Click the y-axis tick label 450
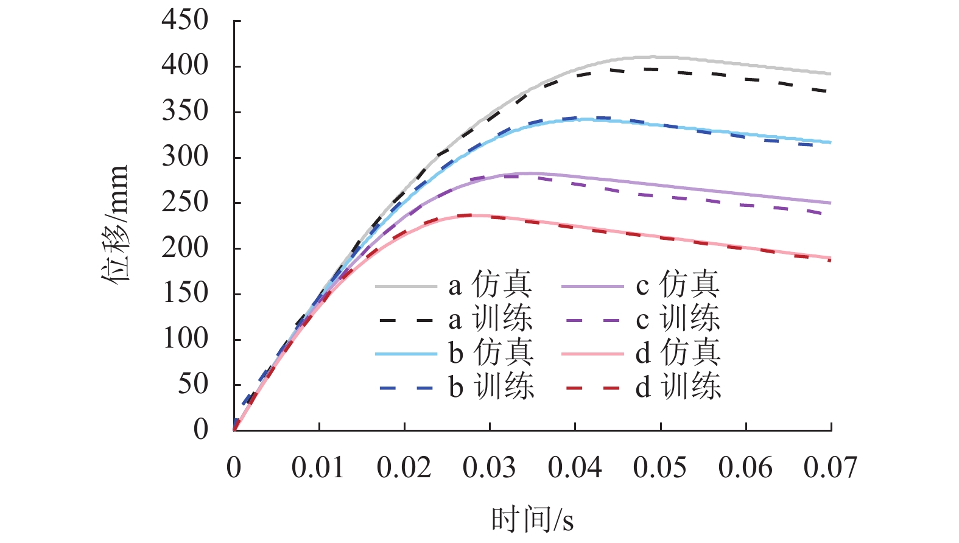pos(184,21)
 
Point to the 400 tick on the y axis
pos(184,66)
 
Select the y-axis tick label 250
pos(184,203)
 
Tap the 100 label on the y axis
pos(184,339)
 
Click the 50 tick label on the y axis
pos(193,385)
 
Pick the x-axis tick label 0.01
pos(318,468)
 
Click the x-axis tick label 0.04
pos(574,468)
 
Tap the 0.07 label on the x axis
pos(830,468)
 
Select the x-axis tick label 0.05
pos(659,468)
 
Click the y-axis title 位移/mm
pos(115,223)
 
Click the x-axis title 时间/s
pos(532,519)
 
